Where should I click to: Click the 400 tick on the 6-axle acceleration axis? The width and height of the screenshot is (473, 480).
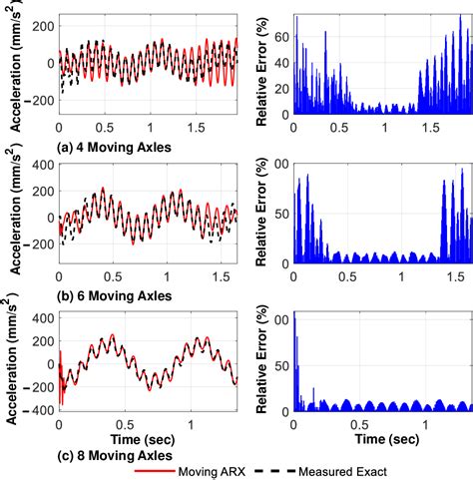38,164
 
